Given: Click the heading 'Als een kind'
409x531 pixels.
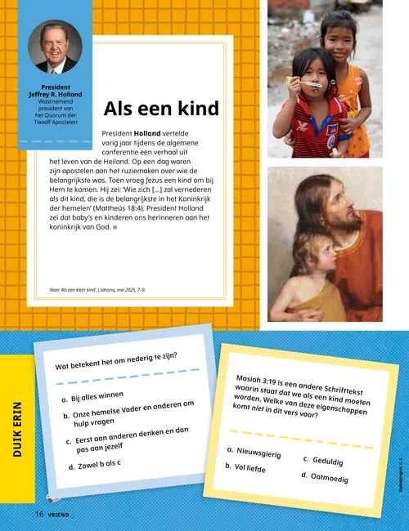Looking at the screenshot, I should tap(161, 109).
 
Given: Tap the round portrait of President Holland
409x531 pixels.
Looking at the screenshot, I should tap(57, 48).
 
